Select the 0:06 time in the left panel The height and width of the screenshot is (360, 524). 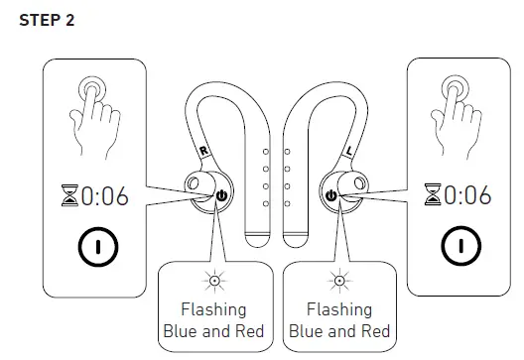[x=103, y=196]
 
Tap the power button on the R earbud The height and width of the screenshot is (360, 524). [x=221, y=196]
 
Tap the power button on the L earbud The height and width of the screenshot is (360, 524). [x=330, y=196]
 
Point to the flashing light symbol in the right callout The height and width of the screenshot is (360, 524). [x=338, y=281]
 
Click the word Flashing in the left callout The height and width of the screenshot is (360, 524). [x=212, y=309]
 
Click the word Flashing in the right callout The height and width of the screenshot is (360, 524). [x=338, y=309]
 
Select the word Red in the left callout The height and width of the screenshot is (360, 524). [x=248, y=331]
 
